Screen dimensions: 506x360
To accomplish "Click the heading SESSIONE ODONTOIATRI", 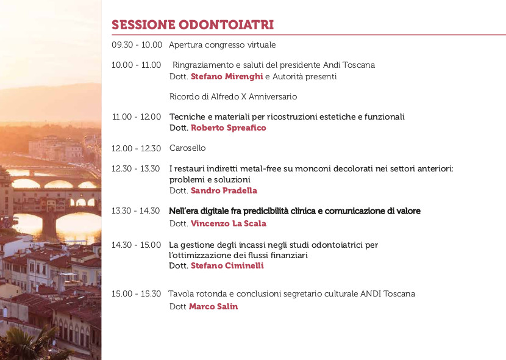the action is point(193,25).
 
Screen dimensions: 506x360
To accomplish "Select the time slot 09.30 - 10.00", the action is point(137,45).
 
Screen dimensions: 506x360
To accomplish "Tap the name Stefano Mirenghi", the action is point(227,76).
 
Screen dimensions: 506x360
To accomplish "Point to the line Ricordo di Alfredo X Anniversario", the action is point(233,96).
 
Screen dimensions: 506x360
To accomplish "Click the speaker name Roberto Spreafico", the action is point(229,128).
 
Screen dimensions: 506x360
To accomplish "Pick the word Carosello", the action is point(188,148).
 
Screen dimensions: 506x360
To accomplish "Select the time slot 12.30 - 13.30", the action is point(135,168).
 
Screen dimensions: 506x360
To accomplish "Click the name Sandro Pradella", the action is point(224,190).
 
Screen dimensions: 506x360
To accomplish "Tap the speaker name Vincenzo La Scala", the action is point(229,223).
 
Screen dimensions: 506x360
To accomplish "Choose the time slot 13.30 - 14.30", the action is point(135,211).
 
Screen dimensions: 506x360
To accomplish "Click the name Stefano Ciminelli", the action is point(227,265).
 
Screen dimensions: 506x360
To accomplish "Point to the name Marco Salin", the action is point(213,306).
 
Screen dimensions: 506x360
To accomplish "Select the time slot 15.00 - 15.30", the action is point(136,294).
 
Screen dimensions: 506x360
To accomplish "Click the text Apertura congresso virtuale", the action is point(223,45).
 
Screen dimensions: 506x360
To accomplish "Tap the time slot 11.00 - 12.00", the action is point(136,117).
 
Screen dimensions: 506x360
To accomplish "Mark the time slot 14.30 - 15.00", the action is point(136,245).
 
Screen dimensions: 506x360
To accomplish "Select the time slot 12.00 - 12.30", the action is point(136,148).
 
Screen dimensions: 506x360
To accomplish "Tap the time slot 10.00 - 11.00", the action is point(136,65).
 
